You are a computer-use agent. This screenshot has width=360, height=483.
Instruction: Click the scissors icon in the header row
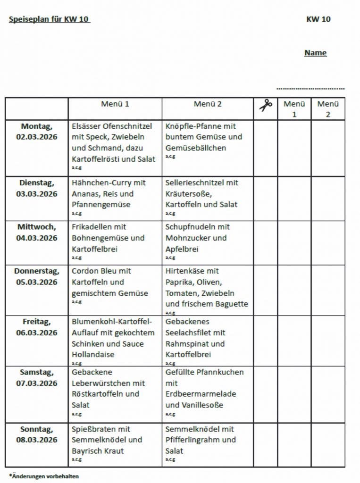(x=266, y=105)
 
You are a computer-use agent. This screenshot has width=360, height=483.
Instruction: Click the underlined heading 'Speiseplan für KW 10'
(x=49, y=19)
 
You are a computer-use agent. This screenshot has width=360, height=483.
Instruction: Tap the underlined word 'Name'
(x=315, y=53)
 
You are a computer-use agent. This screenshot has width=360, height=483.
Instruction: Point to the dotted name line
(x=310, y=88)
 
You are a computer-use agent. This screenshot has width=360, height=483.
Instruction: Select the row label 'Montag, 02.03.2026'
(x=37, y=132)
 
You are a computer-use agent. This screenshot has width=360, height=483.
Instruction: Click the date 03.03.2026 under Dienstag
(x=37, y=194)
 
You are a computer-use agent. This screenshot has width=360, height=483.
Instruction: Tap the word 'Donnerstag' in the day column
(x=37, y=271)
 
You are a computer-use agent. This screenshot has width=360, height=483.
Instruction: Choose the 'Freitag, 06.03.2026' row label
(x=37, y=327)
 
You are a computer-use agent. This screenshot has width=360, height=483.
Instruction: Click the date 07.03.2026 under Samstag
(x=37, y=383)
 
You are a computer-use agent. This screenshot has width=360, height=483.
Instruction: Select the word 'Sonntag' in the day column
(x=37, y=429)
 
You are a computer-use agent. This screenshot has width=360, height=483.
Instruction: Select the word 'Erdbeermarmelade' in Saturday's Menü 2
(x=201, y=394)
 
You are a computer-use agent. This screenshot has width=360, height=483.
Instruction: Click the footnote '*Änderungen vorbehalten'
(x=44, y=476)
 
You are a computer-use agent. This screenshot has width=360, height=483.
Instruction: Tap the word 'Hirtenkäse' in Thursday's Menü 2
(x=185, y=271)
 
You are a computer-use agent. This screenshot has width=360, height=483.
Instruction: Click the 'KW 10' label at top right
(x=318, y=19)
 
